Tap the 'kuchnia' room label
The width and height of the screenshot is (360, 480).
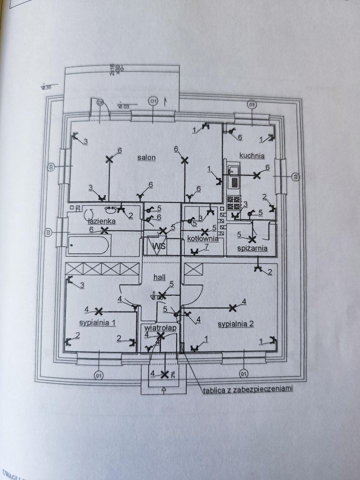pyautogui.click(x=251, y=155)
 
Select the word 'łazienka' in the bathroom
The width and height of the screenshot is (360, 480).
pyautogui.click(x=102, y=220)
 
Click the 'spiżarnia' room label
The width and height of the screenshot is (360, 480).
pyautogui.click(x=252, y=247)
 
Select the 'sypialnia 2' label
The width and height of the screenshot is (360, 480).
pyautogui.click(x=236, y=324)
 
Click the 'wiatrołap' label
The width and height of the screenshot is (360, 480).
pyautogui.click(x=159, y=327)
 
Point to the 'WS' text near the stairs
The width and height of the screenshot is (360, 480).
pyautogui.click(x=159, y=246)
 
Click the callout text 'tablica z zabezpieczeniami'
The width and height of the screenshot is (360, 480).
pyautogui.click(x=247, y=387)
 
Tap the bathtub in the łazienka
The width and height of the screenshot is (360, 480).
pyautogui.click(x=89, y=245)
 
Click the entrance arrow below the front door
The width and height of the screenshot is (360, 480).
pyautogui.click(x=163, y=390)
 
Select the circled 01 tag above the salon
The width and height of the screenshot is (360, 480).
pyautogui.click(x=153, y=102)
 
